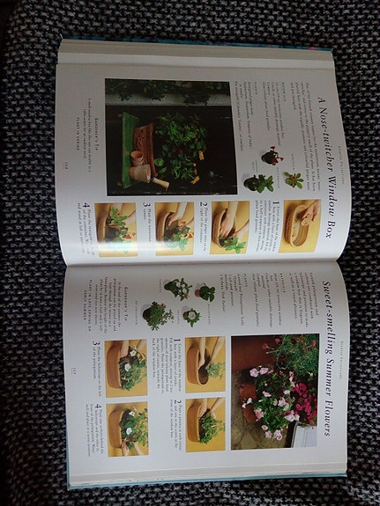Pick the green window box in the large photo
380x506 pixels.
(x=132, y=141)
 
